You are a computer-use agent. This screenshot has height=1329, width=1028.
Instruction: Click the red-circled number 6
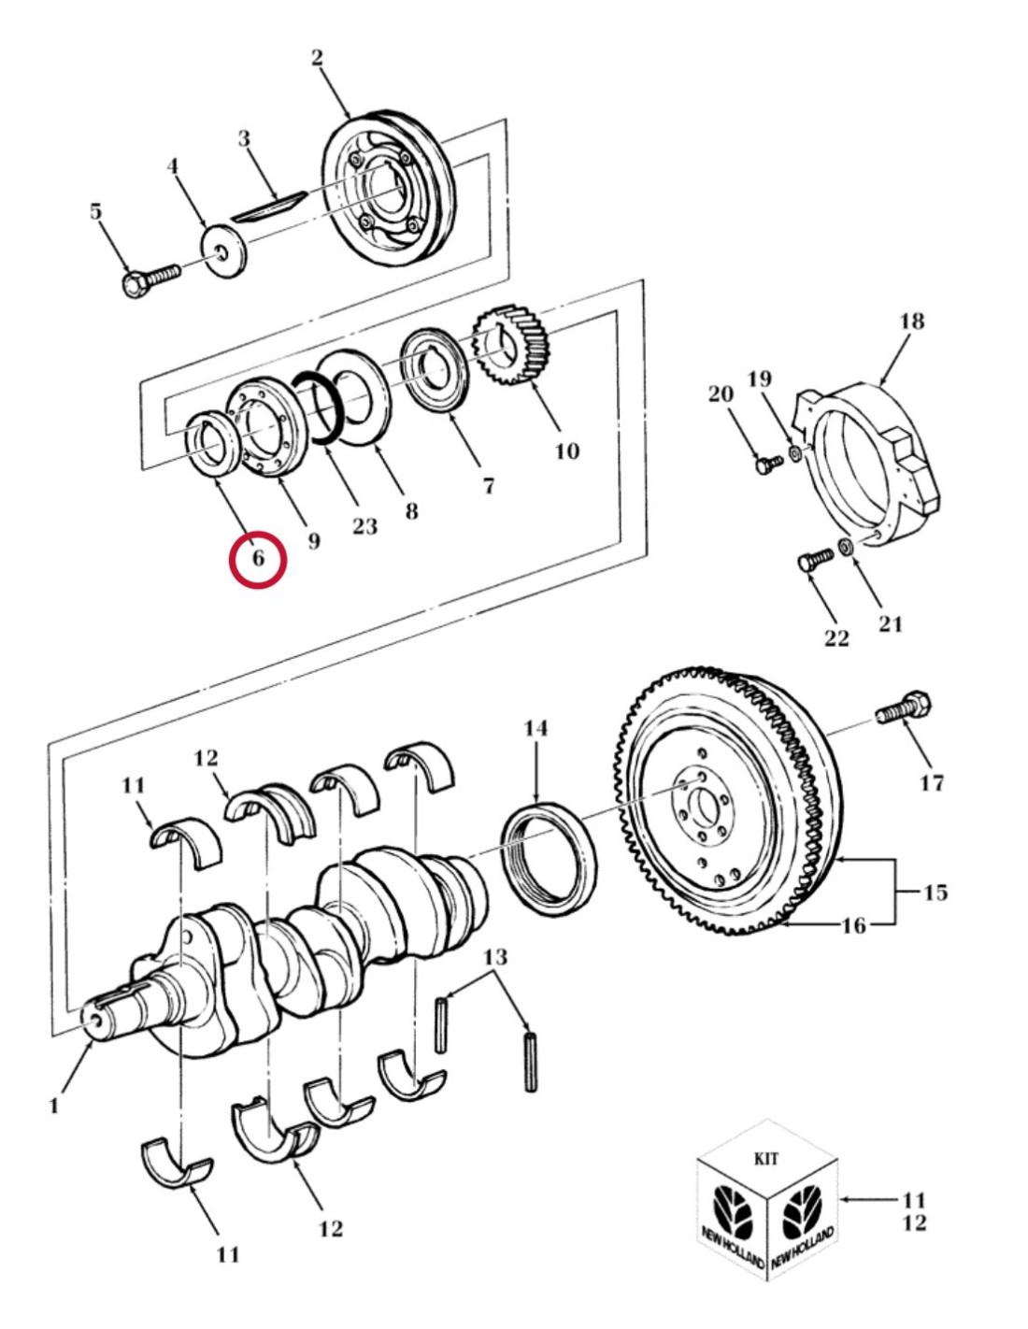[258, 558]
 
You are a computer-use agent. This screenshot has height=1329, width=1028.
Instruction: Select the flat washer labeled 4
[224, 250]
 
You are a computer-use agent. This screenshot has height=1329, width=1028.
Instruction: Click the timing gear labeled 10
[511, 347]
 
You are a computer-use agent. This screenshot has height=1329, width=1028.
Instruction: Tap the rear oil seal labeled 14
[549, 857]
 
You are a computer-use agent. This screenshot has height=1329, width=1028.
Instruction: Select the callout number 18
[911, 321]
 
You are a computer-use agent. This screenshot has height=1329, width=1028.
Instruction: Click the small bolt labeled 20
[766, 463]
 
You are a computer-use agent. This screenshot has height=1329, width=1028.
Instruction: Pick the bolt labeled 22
[815, 561]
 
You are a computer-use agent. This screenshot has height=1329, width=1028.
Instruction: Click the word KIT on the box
[766, 1159]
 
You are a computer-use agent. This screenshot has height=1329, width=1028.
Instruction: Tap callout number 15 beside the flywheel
[935, 893]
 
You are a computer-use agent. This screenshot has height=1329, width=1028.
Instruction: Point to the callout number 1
[54, 1106]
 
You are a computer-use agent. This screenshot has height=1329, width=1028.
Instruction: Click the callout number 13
[495, 957]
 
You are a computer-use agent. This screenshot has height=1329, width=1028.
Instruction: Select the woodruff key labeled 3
[269, 206]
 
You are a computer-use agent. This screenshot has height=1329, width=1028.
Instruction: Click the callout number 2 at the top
[317, 57]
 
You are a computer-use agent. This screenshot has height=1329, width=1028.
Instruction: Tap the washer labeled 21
[845, 546]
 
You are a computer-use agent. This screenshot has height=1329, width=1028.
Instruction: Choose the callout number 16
[854, 925]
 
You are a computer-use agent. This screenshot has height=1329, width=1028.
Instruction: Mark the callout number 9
[314, 540]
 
